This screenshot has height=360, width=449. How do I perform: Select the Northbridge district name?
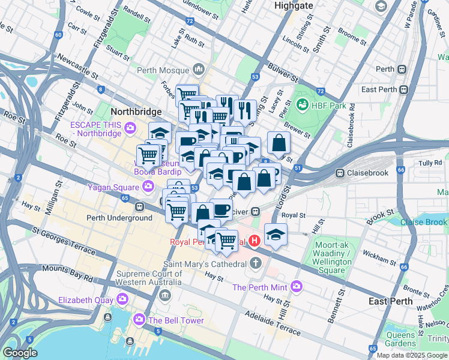coord(136,112)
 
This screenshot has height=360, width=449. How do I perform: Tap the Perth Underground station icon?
coord(139,207)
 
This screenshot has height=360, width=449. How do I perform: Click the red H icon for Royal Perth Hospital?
coord(255,241)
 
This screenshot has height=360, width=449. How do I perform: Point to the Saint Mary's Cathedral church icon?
coord(256,263)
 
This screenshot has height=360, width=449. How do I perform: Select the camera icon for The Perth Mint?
coord(295,287)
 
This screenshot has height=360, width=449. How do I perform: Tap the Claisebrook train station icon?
coord(340,173)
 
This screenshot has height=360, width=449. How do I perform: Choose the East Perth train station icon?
coord(403,89)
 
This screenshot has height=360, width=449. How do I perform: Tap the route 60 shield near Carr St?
coord(58,34)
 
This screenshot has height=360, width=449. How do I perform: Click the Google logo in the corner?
coord(20,353)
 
